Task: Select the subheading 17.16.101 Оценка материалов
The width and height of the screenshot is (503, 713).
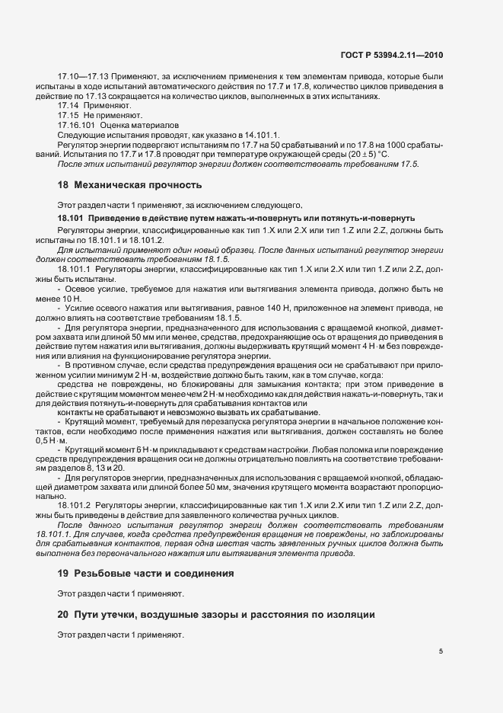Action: (117, 125)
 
